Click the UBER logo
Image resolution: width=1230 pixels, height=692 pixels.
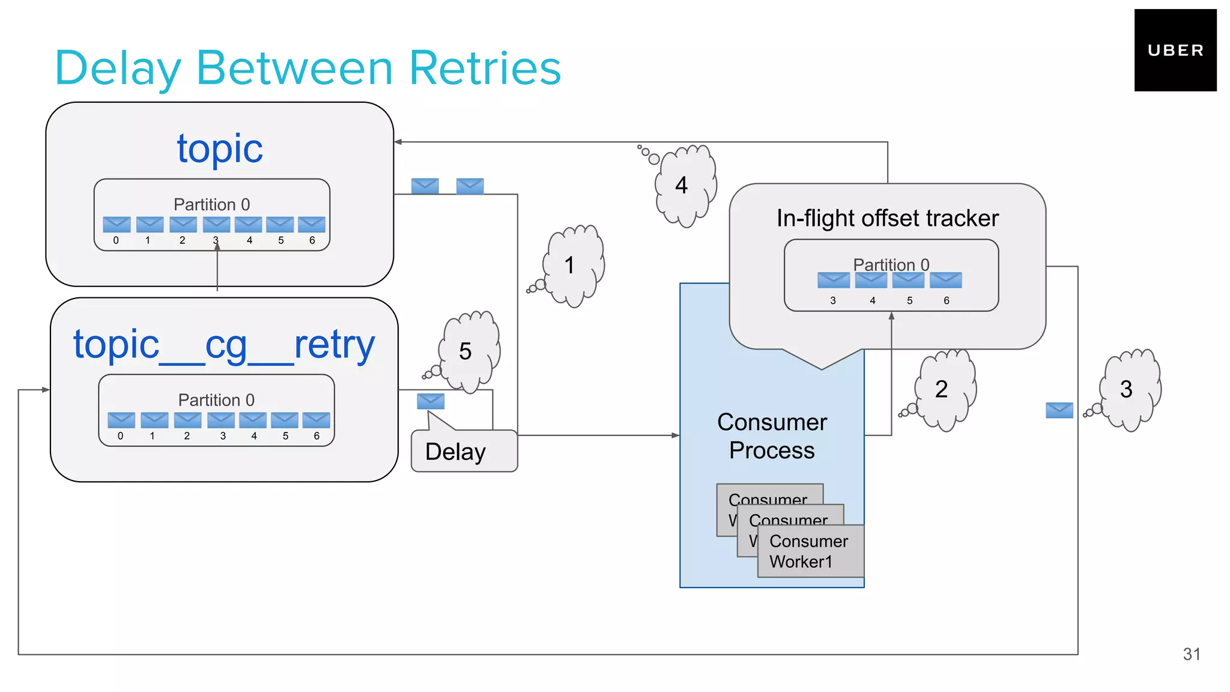click(x=1175, y=50)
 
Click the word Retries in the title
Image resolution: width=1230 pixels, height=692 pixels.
click(x=485, y=68)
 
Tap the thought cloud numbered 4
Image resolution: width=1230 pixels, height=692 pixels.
click(x=684, y=185)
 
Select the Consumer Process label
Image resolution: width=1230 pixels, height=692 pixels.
click(x=772, y=436)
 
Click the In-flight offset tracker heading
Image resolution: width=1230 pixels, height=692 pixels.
click(x=887, y=218)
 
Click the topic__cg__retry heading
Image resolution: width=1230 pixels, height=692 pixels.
click(x=224, y=345)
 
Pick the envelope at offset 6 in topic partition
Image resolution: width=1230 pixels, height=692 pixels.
click(x=312, y=225)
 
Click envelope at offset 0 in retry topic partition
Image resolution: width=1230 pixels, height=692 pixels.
click(x=121, y=420)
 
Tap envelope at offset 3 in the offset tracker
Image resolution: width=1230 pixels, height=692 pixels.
click(x=833, y=280)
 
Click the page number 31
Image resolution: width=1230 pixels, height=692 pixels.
click(x=1191, y=654)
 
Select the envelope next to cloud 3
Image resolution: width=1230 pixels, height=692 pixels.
click(x=1059, y=410)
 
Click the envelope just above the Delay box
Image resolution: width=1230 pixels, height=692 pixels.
click(x=431, y=401)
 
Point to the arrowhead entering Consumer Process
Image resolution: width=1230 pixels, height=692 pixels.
click(x=676, y=436)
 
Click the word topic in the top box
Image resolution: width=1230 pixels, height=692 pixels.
click(x=220, y=148)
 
